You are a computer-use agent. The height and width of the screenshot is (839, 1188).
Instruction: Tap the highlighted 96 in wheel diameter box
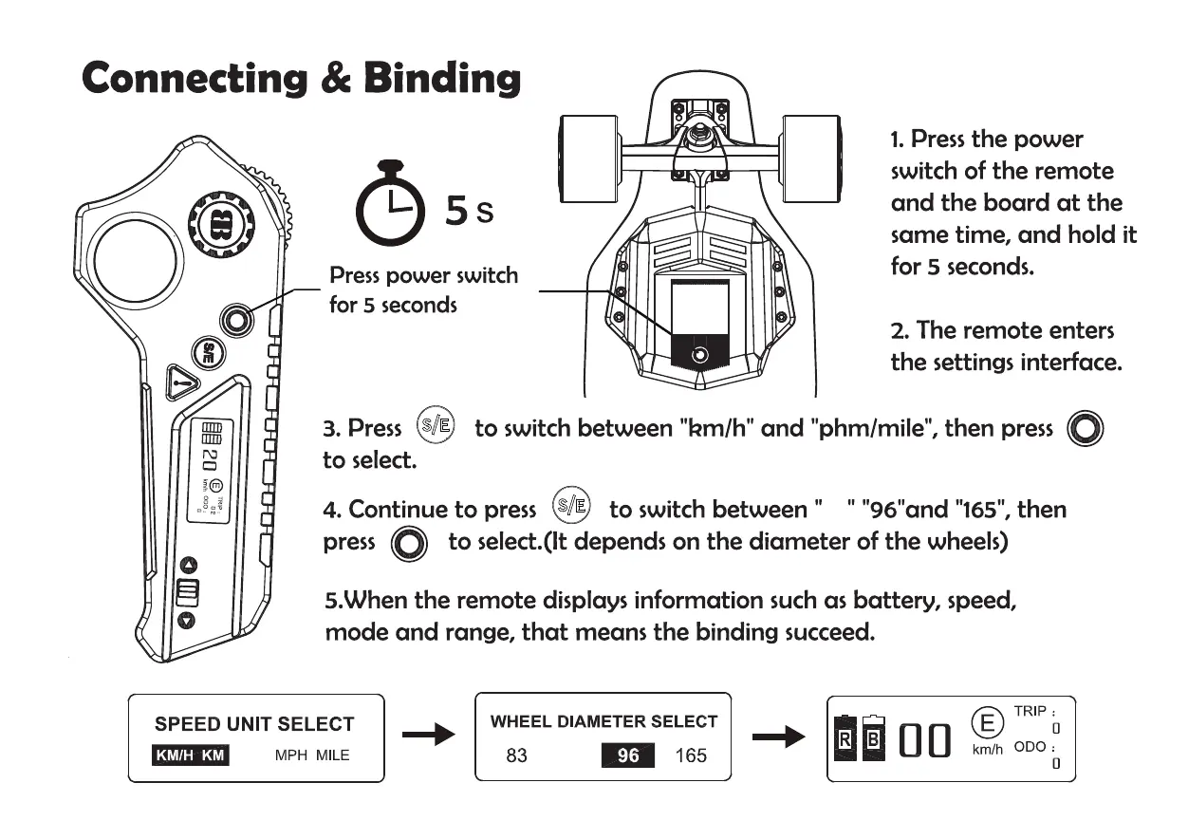627,756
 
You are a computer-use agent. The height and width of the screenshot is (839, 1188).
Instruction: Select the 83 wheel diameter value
516,756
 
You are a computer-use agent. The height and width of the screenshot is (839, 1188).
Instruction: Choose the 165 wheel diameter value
691,756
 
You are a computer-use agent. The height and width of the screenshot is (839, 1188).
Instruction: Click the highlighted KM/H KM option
190,755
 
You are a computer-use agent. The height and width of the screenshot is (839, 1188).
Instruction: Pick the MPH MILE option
312,755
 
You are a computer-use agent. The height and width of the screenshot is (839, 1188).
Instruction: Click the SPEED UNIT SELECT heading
254,724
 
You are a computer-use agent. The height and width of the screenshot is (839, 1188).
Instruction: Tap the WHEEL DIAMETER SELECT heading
603,721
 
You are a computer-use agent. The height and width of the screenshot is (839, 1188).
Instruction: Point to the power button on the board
700,355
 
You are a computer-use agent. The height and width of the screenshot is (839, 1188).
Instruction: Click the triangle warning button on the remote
182,383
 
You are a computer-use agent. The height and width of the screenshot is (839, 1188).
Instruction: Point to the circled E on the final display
987,723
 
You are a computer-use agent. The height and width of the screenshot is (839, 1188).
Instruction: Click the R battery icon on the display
843,738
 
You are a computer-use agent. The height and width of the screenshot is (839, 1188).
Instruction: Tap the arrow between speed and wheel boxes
429,736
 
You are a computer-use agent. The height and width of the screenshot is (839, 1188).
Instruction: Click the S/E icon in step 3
436,426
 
